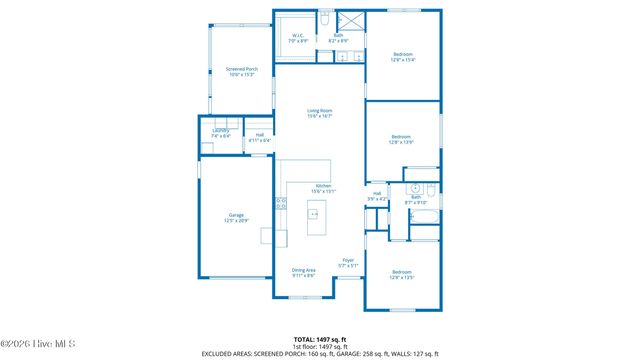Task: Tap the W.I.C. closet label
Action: [298, 38]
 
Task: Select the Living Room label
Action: [319, 113]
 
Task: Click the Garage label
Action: [236, 217]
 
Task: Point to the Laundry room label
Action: [221, 133]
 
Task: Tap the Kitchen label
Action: [324, 188]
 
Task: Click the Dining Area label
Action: [304, 272]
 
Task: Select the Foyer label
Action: [348, 264]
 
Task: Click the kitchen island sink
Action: [314, 214]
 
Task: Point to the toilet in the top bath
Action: [325, 20]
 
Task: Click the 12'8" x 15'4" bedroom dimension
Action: [402, 60]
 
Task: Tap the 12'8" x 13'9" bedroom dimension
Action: [402, 142]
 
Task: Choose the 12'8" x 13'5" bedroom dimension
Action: [402, 278]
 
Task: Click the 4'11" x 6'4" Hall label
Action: [260, 138]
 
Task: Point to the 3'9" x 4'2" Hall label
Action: [377, 197]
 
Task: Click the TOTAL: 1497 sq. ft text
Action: [320, 339]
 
